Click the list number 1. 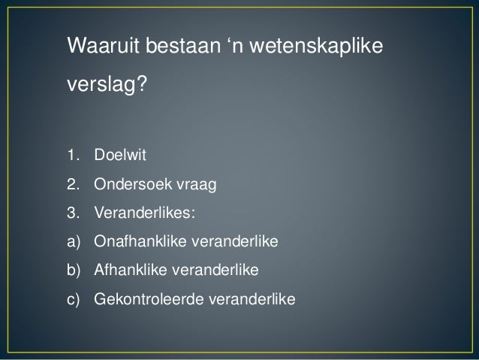[73, 156]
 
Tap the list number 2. [73, 185]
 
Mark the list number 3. [73, 213]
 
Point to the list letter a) [73, 242]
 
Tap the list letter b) [73, 271]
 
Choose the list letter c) [73, 299]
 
